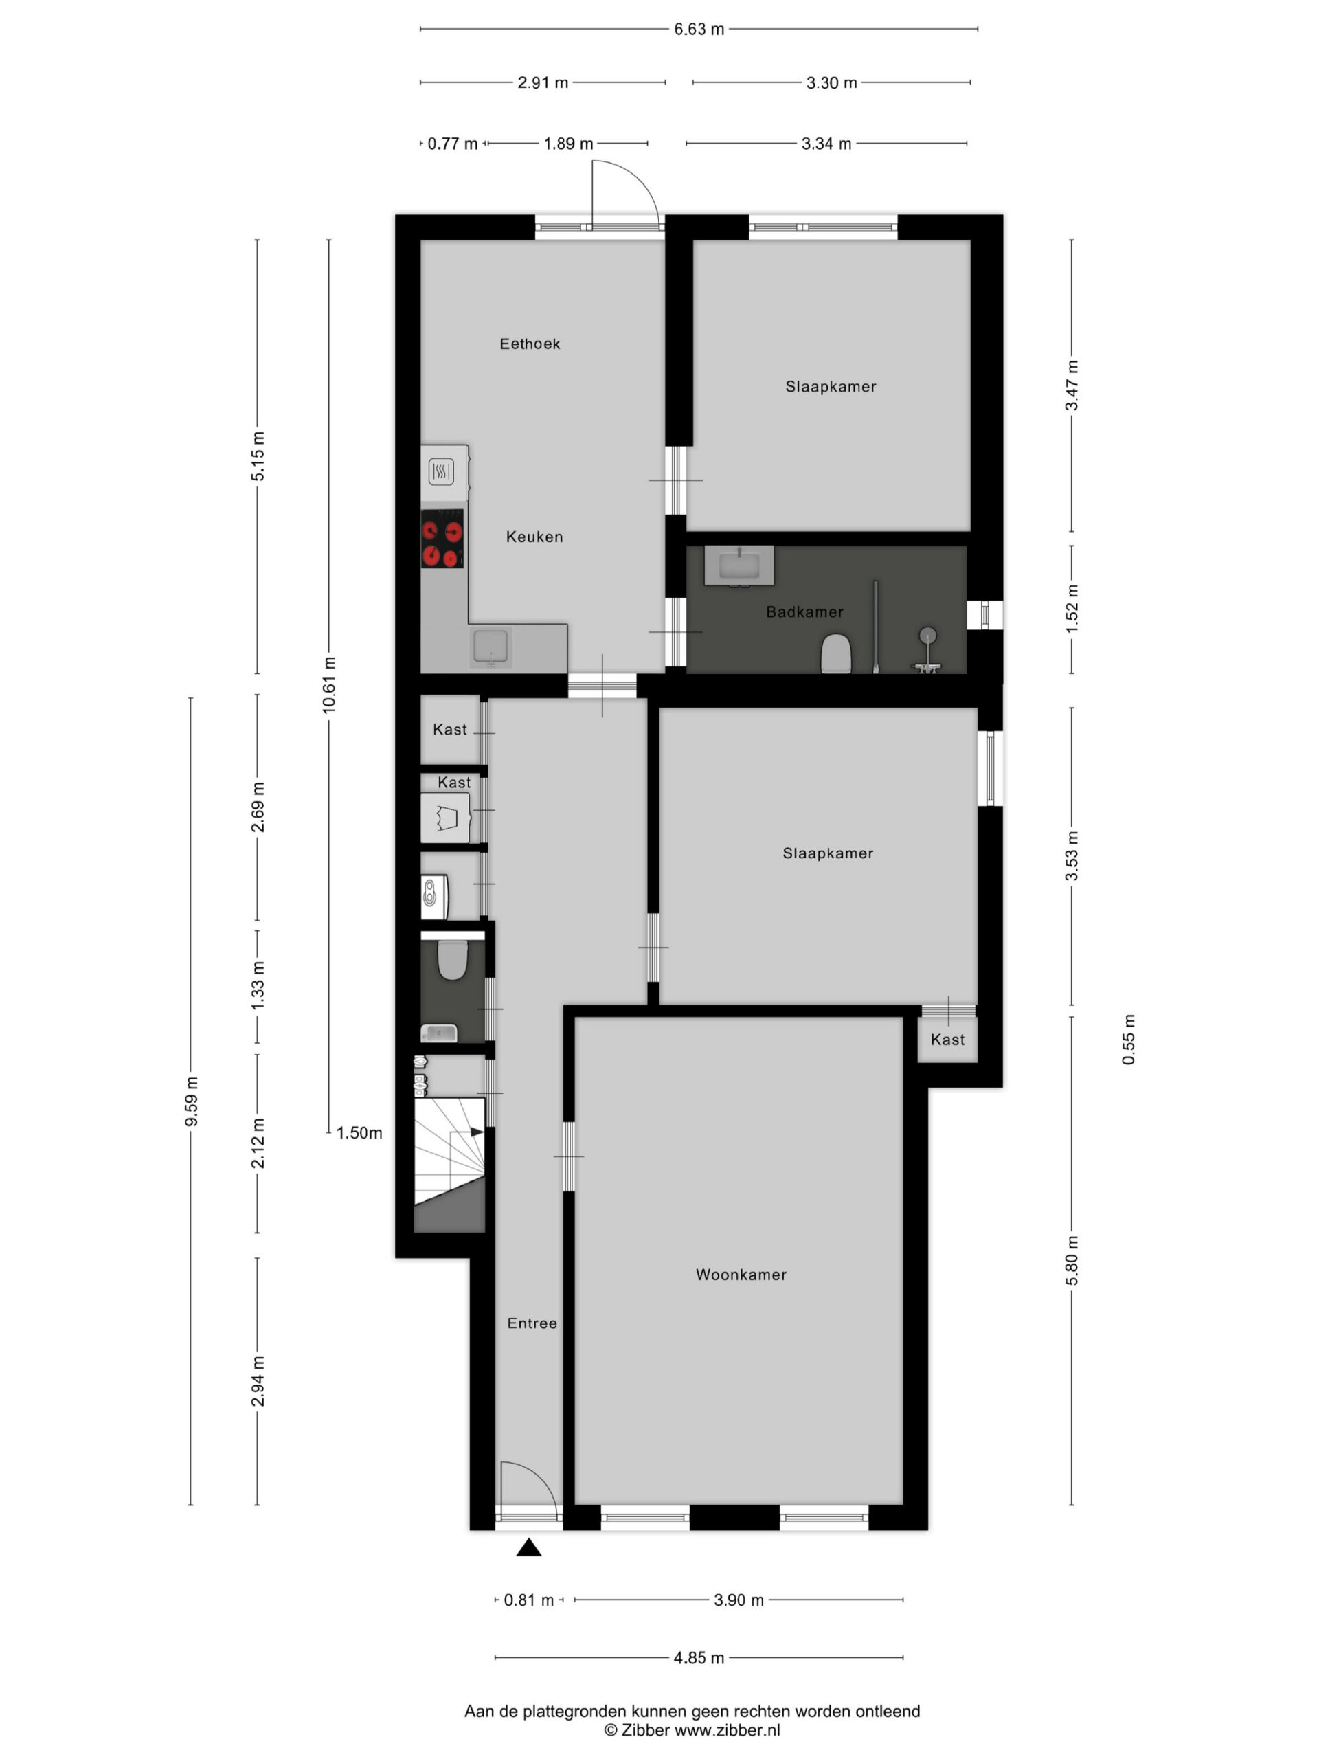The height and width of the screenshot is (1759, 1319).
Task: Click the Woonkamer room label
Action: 741,1275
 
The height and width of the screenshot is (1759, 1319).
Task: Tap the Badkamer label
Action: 804,612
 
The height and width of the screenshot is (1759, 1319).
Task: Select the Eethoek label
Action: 530,344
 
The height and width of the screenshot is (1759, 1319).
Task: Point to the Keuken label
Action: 534,537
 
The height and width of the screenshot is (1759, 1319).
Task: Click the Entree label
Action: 532,1323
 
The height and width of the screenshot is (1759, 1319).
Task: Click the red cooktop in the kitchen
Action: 442,539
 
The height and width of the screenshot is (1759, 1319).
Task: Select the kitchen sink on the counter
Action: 491,646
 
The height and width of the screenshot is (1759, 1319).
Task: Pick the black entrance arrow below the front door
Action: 529,1547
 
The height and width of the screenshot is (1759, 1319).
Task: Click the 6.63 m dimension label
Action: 699,30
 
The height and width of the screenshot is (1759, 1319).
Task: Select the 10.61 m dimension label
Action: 329,684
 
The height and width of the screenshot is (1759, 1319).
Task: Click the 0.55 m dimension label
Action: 1129,1040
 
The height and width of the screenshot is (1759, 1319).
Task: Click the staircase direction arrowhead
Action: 477,1132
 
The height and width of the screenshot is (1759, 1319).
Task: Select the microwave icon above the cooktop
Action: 441,471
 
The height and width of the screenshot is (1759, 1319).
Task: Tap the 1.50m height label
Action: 359,1133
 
